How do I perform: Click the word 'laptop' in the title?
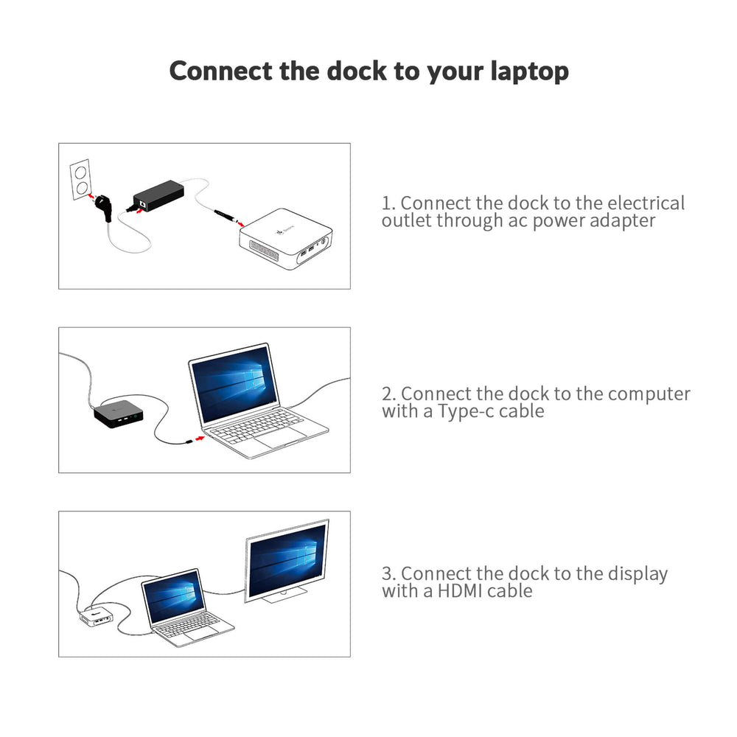pos(529,71)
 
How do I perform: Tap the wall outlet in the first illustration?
pos(80,180)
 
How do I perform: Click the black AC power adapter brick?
pos(158,195)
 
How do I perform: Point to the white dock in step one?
pos(286,239)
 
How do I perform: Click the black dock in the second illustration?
pos(119,413)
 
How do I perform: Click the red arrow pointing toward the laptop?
pos(200,438)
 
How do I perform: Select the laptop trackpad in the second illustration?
pos(279,438)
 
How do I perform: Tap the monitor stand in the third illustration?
pos(284,595)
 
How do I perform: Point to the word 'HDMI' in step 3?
pos(460,591)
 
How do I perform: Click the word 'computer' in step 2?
pos(649,394)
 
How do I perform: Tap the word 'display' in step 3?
pos(638,574)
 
